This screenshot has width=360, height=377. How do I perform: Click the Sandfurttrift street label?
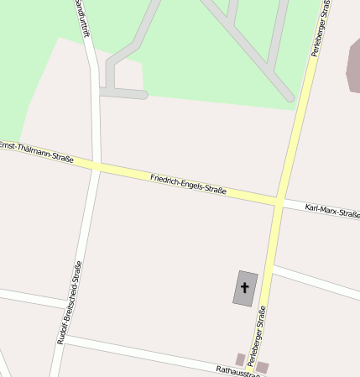point(81,18)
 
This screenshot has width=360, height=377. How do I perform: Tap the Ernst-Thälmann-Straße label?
point(37,152)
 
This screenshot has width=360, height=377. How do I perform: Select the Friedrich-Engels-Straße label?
point(188,184)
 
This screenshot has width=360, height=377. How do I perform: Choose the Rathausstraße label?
point(237,370)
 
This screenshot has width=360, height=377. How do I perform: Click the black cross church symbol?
point(245,288)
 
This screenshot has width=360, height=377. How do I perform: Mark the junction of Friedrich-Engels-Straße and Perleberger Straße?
point(278,202)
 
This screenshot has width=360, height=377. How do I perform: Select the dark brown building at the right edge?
point(352,67)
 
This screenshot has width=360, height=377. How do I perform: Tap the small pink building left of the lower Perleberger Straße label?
point(240,359)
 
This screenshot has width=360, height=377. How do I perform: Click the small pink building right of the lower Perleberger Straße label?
point(263,367)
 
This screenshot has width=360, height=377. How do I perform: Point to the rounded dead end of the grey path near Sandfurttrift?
point(144,95)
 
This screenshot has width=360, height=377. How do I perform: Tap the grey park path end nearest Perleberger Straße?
point(290,97)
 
